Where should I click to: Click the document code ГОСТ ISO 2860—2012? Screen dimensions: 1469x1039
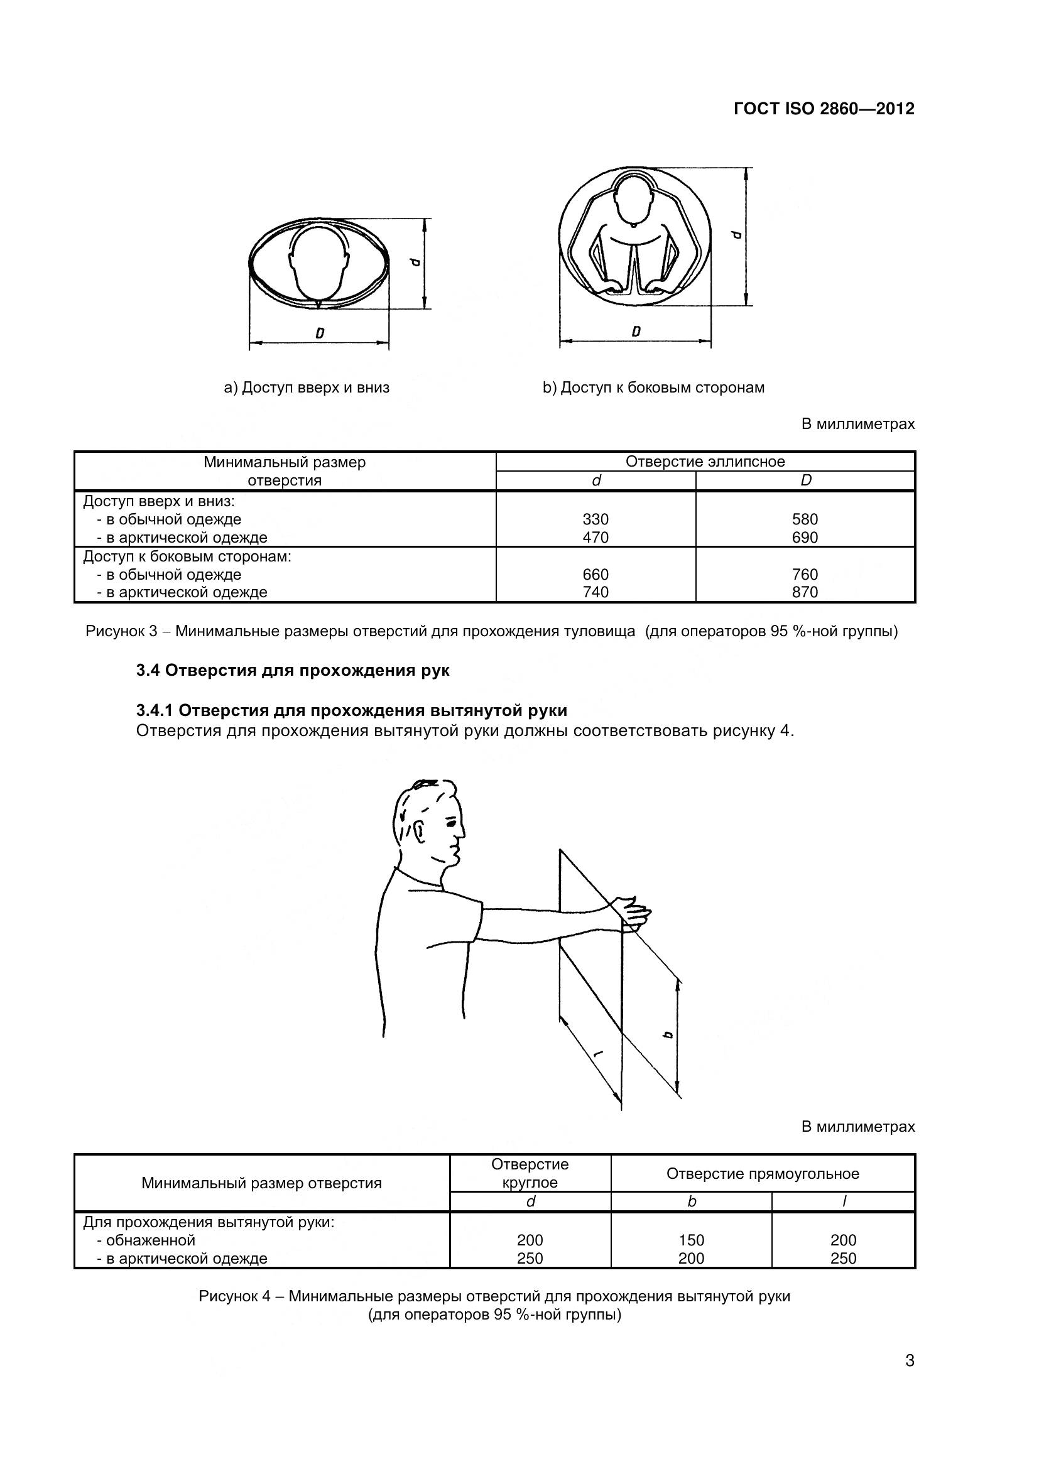click(x=824, y=109)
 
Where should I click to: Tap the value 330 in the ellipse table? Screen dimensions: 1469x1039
click(x=595, y=519)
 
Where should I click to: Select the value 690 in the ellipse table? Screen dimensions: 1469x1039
click(x=805, y=538)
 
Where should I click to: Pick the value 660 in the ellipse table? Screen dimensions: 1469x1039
click(x=595, y=575)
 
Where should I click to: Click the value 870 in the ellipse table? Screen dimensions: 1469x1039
click(x=805, y=592)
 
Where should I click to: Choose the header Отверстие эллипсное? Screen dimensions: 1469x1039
click(x=705, y=462)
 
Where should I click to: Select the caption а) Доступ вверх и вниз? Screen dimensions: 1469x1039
click(x=307, y=388)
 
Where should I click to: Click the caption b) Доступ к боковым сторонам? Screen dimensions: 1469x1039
click(x=653, y=388)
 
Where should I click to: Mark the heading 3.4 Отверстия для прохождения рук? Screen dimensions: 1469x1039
click(x=293, y=671)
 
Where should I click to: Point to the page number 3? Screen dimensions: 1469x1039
click(x=910, y=1379)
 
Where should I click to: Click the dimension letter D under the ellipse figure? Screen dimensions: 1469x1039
click(x=319, y=333)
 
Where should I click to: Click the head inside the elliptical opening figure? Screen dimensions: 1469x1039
click(x=319, y=263)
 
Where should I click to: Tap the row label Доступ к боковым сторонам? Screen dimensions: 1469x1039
click(x=187, y=556)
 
